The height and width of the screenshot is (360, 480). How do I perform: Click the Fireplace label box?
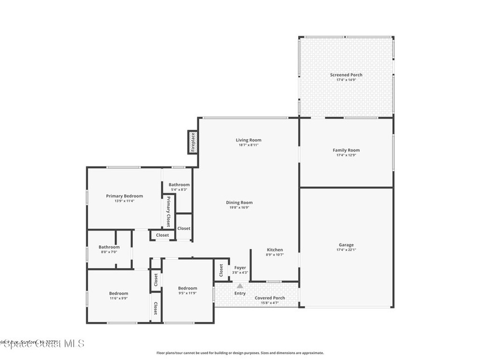click(192, 142)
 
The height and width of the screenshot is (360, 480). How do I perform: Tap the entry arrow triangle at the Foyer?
click(240, 285)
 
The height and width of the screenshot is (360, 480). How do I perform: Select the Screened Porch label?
click(346, 75)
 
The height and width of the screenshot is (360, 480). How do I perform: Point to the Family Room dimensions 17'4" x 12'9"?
click(346, 155)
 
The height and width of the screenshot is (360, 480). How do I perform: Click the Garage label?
click(346, 245)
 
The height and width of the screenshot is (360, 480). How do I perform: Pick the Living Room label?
click(248, 140)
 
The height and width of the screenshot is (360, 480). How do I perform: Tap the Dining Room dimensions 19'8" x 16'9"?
click(240, 208)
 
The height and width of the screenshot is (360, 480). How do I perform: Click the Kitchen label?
click(275, 250)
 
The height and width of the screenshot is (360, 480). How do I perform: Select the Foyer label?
click(240, 268)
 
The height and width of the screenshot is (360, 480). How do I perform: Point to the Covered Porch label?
click(270, 298)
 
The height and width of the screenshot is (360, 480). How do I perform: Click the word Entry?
click(240, 293)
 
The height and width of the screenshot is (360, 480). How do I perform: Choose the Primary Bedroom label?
click(124, 196)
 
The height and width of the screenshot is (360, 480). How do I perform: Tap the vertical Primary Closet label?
click(168, 211)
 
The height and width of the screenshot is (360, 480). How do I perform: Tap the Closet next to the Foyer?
click(221, 270)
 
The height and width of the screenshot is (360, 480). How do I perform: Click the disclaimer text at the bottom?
click(240, 353)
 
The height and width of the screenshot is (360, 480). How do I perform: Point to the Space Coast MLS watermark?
click(42, 344)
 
